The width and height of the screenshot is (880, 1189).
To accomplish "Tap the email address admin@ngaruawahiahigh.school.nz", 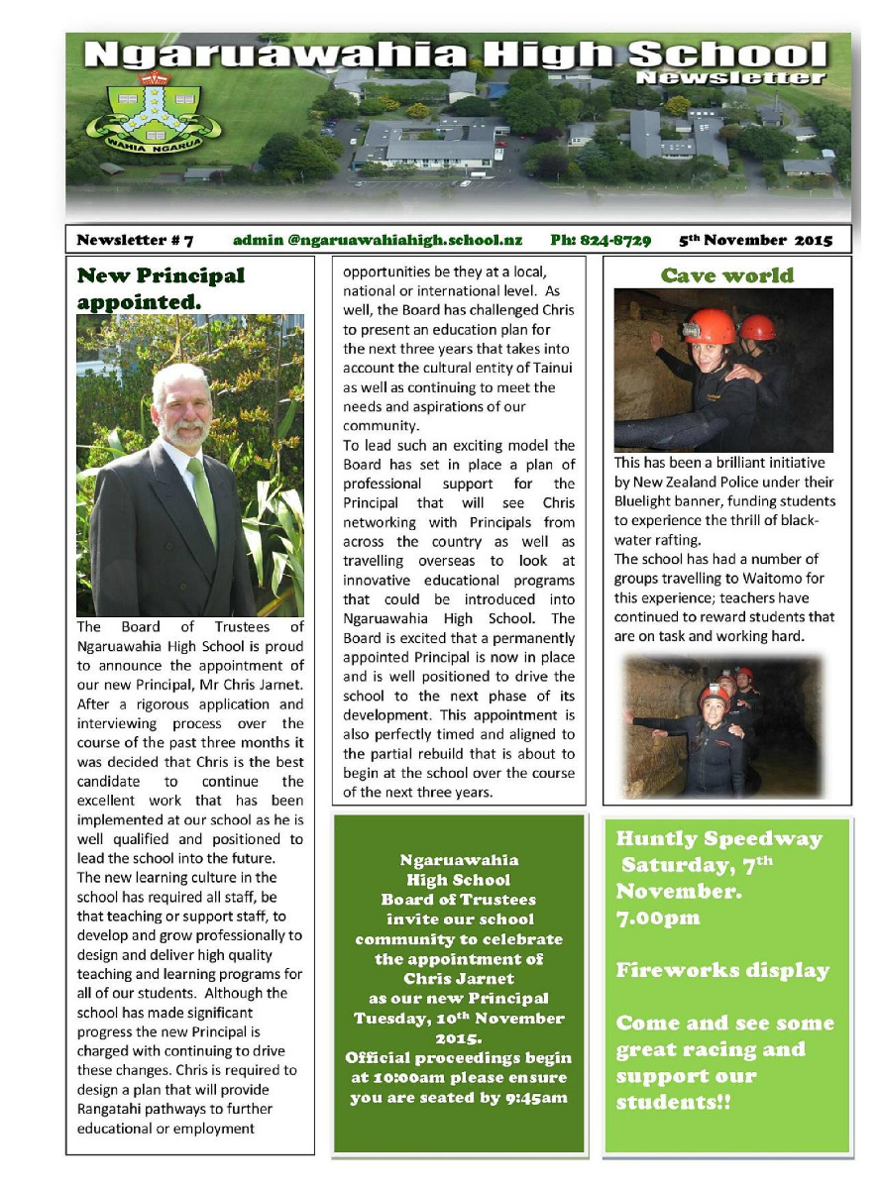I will (x=378, y=240).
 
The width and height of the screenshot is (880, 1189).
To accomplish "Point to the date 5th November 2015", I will (x=756, y=240).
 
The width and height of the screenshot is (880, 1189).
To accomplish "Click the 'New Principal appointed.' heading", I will (x=161, y=287).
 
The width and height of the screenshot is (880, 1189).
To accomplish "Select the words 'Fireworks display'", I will (x=722, y=970).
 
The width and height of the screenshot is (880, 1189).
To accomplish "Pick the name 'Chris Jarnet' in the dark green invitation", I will (x=457, y=979).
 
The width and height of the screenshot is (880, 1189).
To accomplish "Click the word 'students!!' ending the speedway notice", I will (x=673, y=1102).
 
